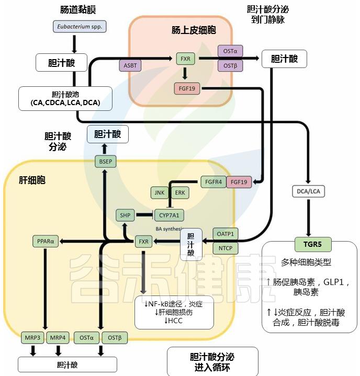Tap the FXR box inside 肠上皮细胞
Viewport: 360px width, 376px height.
(185, 59)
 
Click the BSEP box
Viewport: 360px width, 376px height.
(105, 161)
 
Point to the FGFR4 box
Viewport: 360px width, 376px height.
(213, 181)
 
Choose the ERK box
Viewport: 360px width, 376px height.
(179, 192)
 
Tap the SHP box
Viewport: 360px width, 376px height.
(126, 214)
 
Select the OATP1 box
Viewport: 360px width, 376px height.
(225, 233)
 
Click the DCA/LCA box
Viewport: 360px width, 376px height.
(309, 192)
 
